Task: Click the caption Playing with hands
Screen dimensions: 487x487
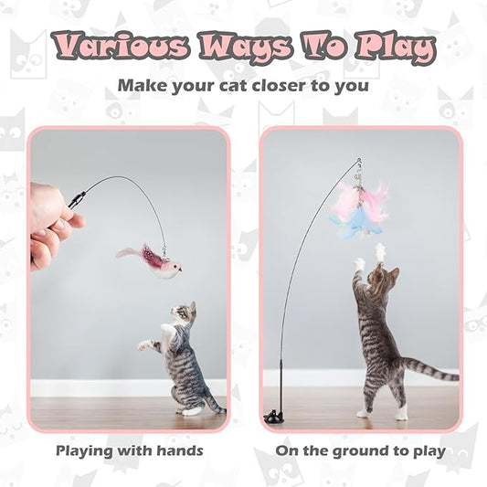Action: click(x=129, y=450)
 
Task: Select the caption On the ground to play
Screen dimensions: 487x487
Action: click(x=361, y=450)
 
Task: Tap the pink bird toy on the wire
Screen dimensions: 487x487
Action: click(x=150, y=260)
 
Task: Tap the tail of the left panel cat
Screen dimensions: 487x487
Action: click(x=214, y=403)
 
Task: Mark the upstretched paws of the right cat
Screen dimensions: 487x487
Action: click(x=369, y=259)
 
